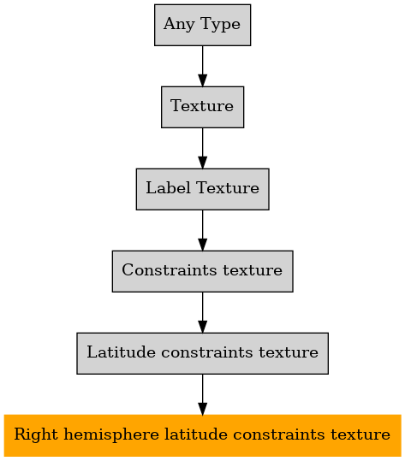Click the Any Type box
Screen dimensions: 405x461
[x=202, y=25]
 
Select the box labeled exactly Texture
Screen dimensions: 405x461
[x=202, y=107]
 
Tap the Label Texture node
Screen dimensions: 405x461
[x=202, y=189]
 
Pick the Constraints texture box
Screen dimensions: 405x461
[x=202, y=271]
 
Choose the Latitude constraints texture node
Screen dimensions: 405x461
[x=202, y=353]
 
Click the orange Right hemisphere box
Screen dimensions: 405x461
[x=202, y=435]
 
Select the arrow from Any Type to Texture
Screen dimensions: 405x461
[x=202, y=66]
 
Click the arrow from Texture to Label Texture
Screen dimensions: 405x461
[x=202, y=148]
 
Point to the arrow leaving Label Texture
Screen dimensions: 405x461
[x=202, y=230]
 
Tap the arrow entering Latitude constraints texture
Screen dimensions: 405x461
[x=202, y=312]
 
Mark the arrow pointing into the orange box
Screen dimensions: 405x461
[x=202, y=394]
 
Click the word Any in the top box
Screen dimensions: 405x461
[x=179, y=25]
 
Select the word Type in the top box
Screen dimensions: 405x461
[x=220, y=25]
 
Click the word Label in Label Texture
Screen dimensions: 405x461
[x=168, y=188]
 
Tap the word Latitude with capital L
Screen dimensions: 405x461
[x=121, y=352]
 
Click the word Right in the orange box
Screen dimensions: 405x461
[x=36, y=435]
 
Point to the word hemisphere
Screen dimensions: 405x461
[x=111, y=435]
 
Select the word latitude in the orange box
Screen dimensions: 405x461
[x=196, y=434]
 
